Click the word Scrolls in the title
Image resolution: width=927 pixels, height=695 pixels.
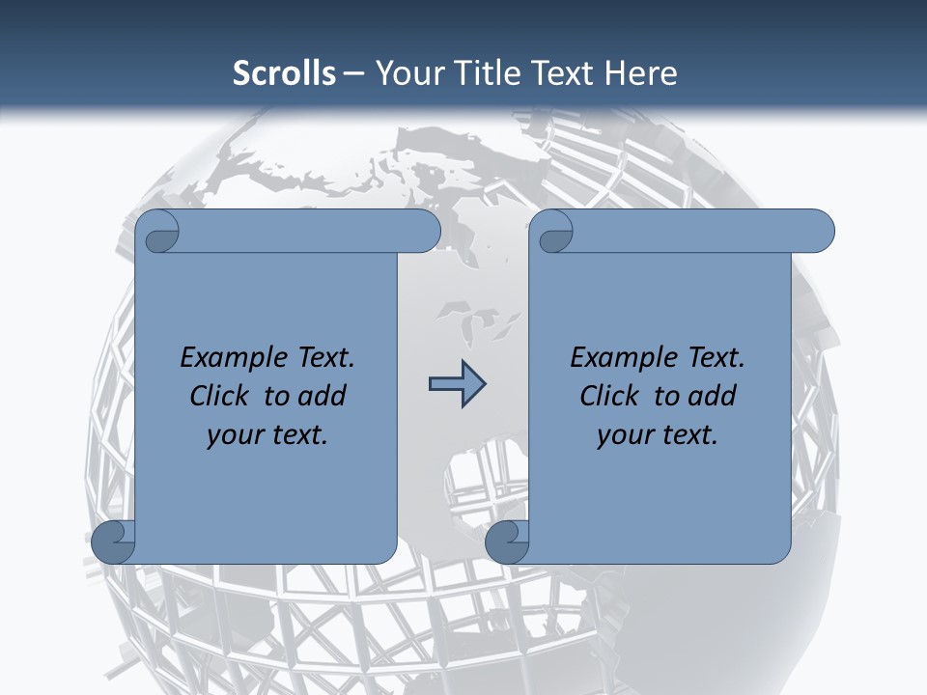click(284, 73)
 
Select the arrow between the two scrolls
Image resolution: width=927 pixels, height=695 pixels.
click(457, 385)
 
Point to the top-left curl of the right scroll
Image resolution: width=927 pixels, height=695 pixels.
click(554, 233)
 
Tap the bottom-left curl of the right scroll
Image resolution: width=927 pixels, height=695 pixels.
click(508, 542)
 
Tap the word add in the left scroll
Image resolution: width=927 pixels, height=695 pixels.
click(322, 396)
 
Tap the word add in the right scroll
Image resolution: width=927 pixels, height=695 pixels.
click(712, 396)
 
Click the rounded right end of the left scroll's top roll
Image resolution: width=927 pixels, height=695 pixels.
click(425, 231)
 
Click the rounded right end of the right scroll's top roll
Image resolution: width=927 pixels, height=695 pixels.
click(819, 231)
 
